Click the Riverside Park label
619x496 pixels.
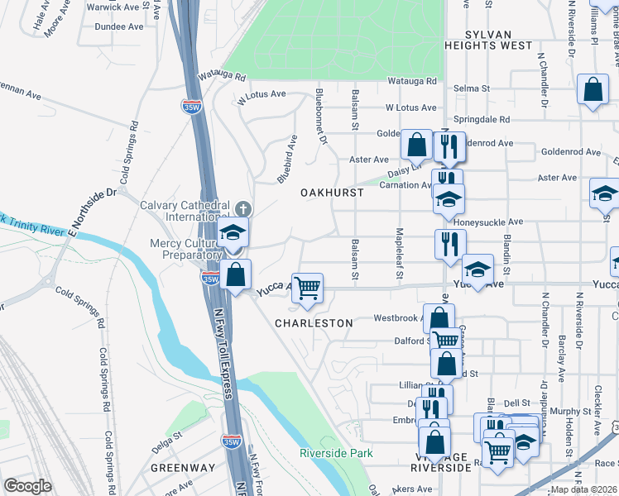[336, 453]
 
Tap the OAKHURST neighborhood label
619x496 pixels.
[331, 192]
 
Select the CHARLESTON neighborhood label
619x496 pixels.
[314, 323]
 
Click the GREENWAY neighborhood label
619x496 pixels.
[183, 468]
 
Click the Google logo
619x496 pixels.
[27, 485]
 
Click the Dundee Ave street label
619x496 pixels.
[118, 26]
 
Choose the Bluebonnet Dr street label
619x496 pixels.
[322, 112]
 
